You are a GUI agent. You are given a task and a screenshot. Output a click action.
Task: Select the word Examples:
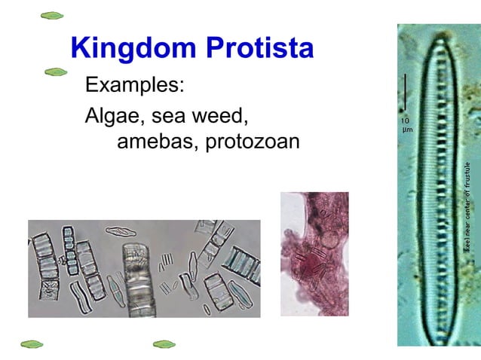click(x=135, y=84)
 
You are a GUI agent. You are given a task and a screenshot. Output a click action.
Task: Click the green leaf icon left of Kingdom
click(x=52, y=15)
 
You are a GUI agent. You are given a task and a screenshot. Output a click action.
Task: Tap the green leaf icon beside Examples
click(x=56, y=72)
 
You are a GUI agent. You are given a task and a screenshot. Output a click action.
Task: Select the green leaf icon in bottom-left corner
click(x=32, y=344)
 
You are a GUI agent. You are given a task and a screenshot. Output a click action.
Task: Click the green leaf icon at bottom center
click(x=164, y=344)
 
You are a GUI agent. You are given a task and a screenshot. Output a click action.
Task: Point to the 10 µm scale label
click(x=406, y=124)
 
